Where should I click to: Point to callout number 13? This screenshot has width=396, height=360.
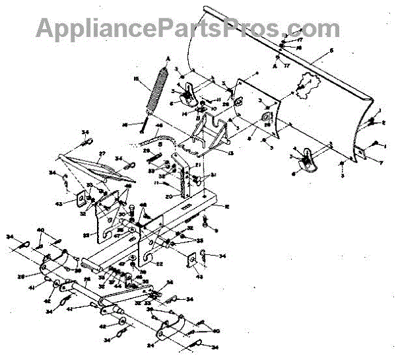tap(230, 153)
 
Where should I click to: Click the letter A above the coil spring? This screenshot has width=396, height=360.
tap(168, 58)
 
